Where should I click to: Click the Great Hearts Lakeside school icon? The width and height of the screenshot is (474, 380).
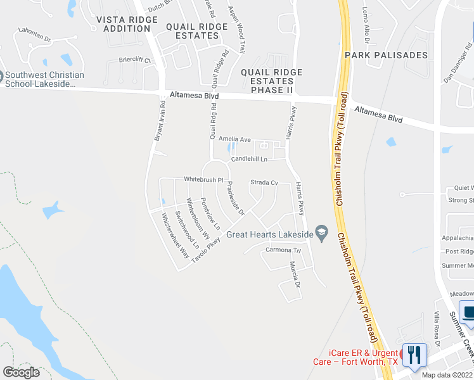point(321,234)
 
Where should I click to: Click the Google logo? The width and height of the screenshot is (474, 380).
point(21,372)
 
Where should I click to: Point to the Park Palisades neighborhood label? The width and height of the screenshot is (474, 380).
point(386,56)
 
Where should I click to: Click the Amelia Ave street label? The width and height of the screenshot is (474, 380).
point(235,139)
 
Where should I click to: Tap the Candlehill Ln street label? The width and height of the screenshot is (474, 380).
point(249,160)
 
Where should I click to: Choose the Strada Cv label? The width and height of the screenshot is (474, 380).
point(264,182)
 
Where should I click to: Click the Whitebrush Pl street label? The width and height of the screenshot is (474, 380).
point(203,180)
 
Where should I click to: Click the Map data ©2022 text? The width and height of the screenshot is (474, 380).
point(447,375)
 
